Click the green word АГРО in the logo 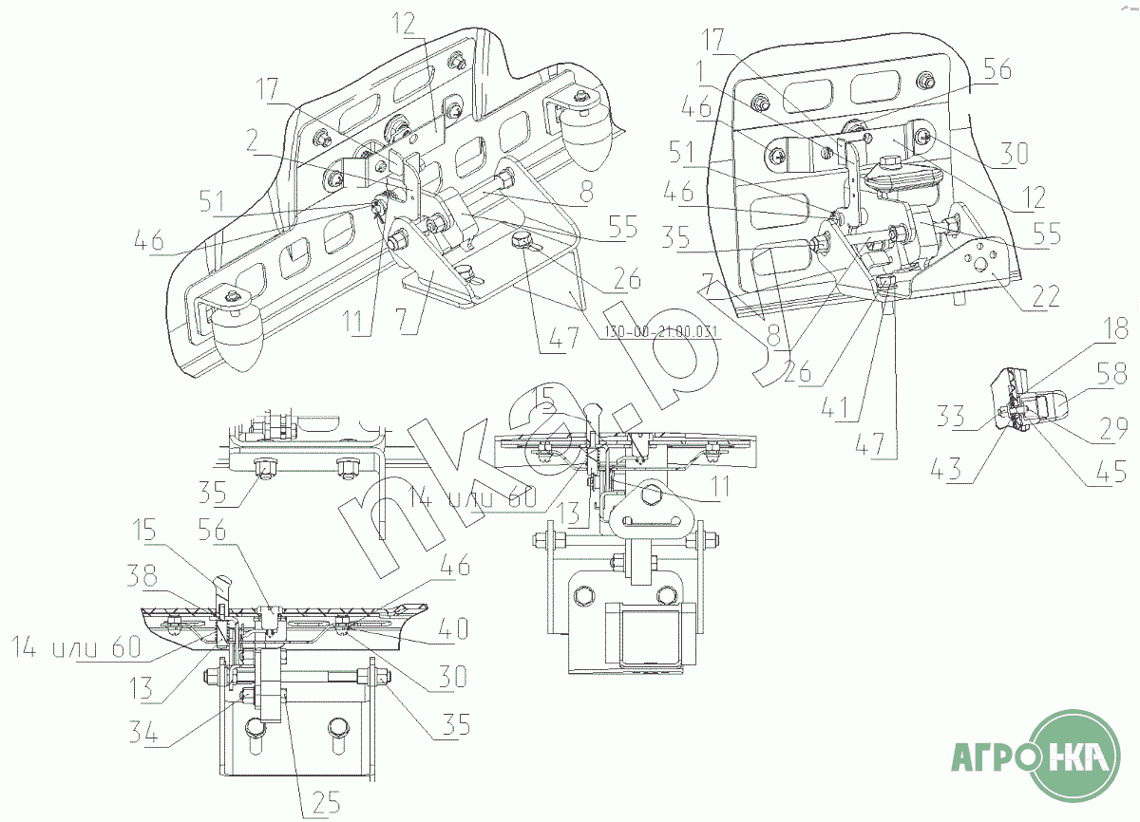[x=994, y=760]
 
